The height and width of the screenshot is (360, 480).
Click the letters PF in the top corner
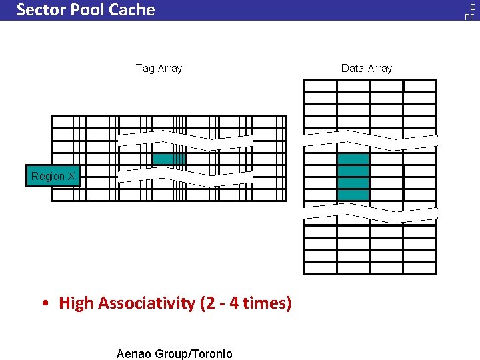(x=469, y=17)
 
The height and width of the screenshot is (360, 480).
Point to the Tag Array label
(x=159, y=68)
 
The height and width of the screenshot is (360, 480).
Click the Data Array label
(x=367, y=68)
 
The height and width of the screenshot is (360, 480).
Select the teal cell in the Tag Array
(x=169, y=159)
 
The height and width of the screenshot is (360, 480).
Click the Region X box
(x=53, y=176)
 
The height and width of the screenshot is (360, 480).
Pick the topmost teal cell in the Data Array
(x=353, y=159)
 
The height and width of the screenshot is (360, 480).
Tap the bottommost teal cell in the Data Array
(x=353, y=195)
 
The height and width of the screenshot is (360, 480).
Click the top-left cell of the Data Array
(x=320, y=87)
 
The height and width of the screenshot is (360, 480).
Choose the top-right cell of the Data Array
(x=420, y=87)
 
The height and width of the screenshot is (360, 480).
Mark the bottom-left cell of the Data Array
(x=320, y=267)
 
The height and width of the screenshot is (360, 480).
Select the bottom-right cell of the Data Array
(x=420, y=267)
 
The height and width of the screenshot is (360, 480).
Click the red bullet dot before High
(x=44, y=304)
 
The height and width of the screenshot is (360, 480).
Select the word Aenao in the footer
(x=133, y=354)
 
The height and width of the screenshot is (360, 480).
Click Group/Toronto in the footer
(x=193, y=354)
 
